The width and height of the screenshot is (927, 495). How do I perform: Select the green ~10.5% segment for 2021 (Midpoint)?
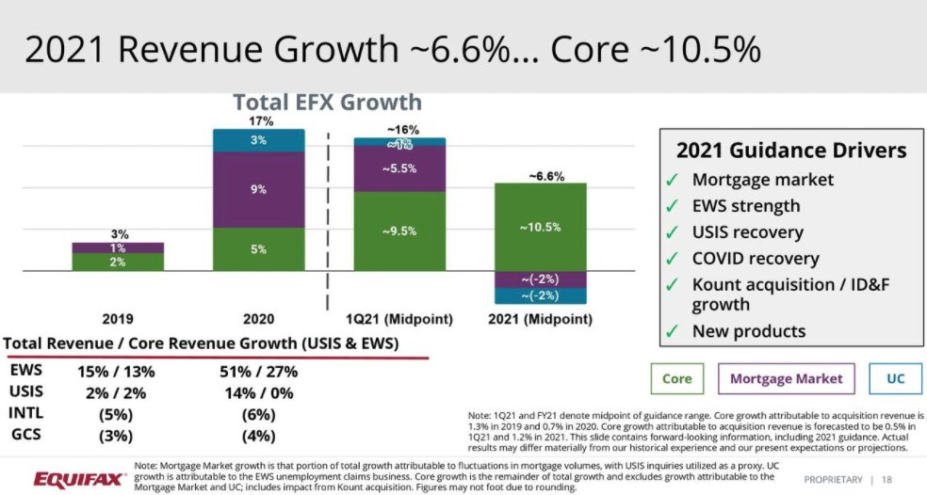click(540, 227)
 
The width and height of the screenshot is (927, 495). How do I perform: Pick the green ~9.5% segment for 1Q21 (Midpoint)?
click(399, 232)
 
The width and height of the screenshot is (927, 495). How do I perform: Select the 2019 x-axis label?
click(118, 320)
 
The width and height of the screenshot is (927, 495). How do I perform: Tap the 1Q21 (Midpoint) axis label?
click(400, 320)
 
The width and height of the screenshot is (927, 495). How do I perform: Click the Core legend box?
click(676, 378)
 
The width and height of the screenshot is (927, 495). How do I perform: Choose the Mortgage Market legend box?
click(786, 378)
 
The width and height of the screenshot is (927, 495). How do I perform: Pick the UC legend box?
click(895, 378)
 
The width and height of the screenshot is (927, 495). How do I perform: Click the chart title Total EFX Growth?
click(327, 102)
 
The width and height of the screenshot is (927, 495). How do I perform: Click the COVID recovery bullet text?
click(756, 258)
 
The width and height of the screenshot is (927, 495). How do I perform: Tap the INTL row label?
click(25, 413)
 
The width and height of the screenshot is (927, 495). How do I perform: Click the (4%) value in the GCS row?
click(257, 435)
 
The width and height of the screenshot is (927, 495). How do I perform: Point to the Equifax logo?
click(80, 480)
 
